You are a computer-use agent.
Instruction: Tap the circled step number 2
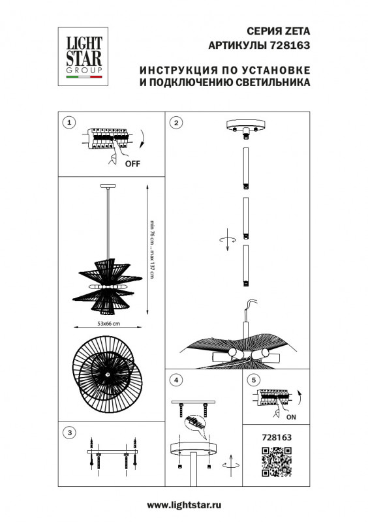176,122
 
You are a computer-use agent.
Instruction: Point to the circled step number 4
176,379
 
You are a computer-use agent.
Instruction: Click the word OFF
132,164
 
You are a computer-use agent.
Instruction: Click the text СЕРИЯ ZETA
282,30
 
